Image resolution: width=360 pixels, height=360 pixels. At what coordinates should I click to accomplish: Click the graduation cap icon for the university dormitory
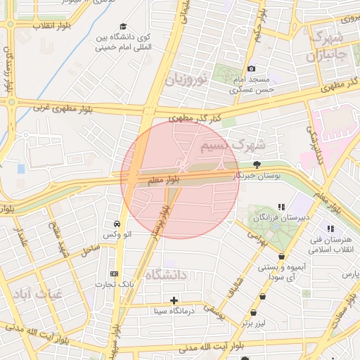(124, 25)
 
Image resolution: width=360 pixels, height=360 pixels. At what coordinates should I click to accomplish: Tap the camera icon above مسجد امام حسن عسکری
(252, 69)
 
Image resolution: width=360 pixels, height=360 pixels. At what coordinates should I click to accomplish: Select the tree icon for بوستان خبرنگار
(257, 164)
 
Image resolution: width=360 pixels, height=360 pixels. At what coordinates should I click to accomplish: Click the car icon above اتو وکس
(115, 223)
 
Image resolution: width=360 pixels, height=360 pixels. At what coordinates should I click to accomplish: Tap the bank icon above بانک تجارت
(115, 274)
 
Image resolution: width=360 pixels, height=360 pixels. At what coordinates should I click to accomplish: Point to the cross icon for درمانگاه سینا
(174, 300)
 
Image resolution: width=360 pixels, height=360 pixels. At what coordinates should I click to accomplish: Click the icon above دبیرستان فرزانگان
(281, 207)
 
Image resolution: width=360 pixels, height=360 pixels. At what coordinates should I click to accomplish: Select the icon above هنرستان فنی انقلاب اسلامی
(330, 229)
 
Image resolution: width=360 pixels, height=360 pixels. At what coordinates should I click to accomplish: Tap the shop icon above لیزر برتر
(263, 297)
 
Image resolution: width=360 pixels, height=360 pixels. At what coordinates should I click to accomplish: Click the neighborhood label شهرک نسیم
(232, 146)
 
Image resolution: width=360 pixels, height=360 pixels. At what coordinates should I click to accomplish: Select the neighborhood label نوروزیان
(187, 78)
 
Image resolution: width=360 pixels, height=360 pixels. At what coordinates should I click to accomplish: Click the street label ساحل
(91, 250)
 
